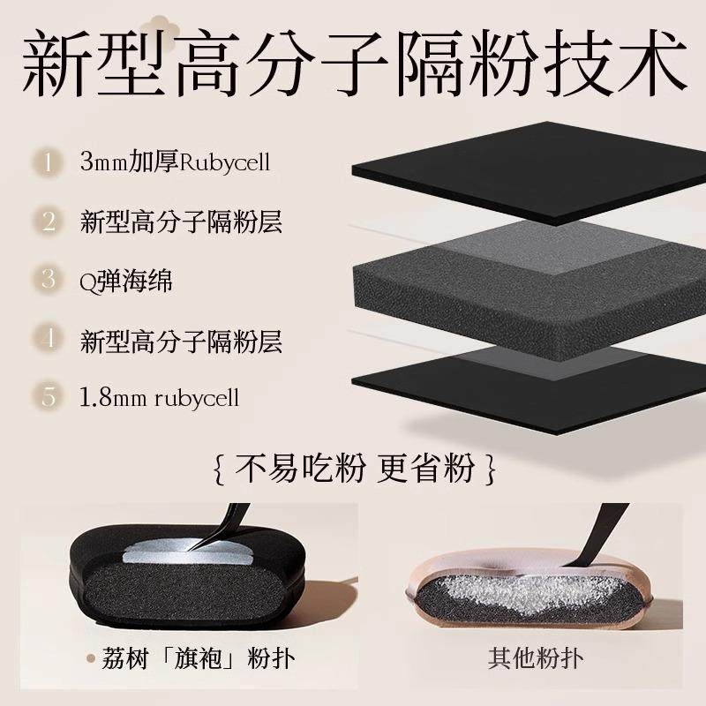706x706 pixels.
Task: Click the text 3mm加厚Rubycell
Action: click(x=173, y=162)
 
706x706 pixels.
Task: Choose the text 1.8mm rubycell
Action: click(x=159, y=397)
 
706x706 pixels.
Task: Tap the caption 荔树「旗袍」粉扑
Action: click(x=190, y=658)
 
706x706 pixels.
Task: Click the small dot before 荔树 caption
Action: click(x=90, y=658)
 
